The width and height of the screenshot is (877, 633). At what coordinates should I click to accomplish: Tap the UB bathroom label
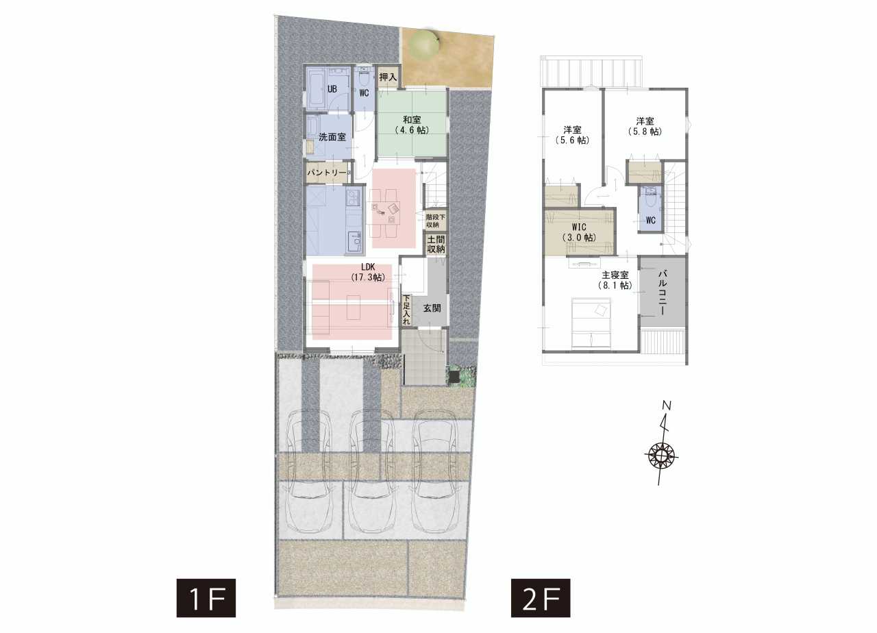pyautogui.click(x=332, y=89)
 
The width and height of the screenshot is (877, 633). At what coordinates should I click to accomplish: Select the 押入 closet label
pyautogui.click(x=388, y=77)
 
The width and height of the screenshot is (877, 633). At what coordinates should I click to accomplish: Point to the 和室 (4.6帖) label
pyautogui.click(x=412, y=125)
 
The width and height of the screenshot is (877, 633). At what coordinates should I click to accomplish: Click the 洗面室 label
pyautogui.click(x=332, y=137)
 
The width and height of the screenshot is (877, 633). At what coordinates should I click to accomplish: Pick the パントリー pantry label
pyautogui.click(x=327, y=173)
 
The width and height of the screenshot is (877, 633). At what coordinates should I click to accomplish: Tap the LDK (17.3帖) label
pyautogui.click(x=368, y=272)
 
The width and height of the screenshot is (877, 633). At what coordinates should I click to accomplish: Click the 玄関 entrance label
pyautogui.click(x=432, y=308)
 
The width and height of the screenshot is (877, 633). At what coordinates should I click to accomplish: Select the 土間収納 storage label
pyautogui.click(x=436, y=244)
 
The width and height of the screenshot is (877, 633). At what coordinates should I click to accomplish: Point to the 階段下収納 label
pyautogui.click(x=435, y=221)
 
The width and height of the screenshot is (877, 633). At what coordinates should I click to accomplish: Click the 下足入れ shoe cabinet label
pyautogui.click(x=406, y=310)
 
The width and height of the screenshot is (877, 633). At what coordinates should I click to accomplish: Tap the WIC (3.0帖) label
pyautogui.click(x=579, y=232)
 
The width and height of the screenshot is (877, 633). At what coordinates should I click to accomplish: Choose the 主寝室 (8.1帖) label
pyautogui.click(x=615, y=280)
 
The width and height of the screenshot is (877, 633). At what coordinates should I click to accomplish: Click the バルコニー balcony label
pyautogui.click(x=662, y=292)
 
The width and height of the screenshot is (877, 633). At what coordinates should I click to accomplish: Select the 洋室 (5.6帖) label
pyautogui.click(x=572, y=135)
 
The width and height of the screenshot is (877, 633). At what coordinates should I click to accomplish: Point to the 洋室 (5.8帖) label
pyautogui.click(x=645, y=126)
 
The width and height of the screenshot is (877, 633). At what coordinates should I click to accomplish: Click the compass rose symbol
pyautogui.click(x=661, y=456)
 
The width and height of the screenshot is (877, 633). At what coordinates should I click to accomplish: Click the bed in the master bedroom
pyautogui.click(x=591, y=323)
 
